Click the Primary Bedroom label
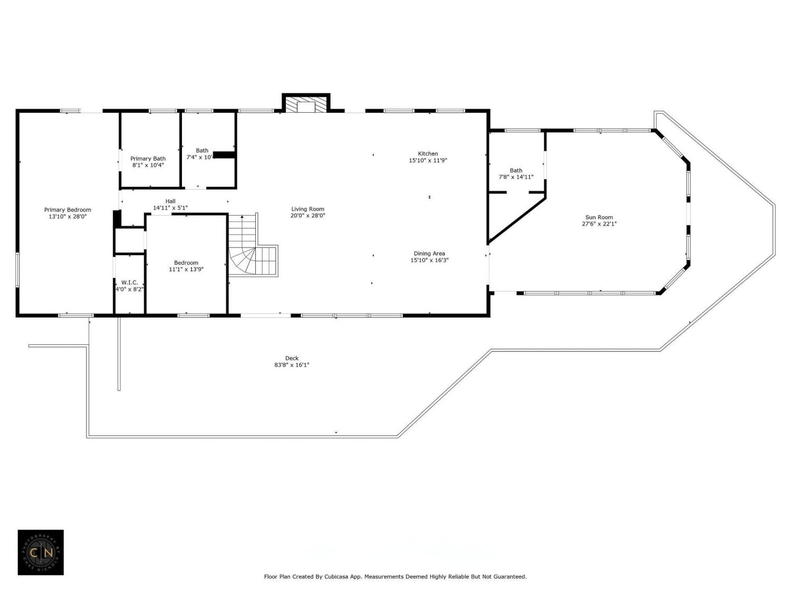[67, 210]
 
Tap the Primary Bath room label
[148, 159]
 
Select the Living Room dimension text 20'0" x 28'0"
[308, 216]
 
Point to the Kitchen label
[428, 154]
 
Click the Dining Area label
[429, 254]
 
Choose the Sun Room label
[599, 217]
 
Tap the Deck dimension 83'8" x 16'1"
[292, 365]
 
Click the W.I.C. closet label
[129, 283]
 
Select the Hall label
[170, 201]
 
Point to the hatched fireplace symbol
[305, 104]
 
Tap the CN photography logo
[41, 552]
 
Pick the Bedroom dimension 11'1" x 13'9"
[186, 269]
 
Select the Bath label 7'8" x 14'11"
[516, 173]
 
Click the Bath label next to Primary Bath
[202, 151]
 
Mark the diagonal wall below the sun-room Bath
[517, 220]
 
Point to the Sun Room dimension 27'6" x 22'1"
[599, 223]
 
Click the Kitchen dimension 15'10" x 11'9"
[428, 160]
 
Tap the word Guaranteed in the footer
[510, 577]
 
